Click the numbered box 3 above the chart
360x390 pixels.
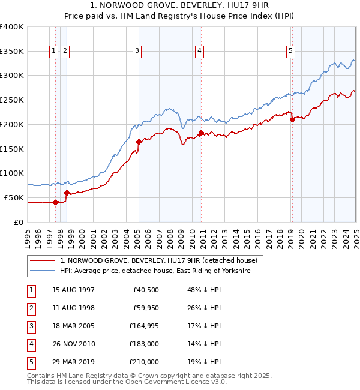[137, 52]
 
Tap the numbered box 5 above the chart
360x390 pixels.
[290, 52]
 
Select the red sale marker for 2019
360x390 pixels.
[292, 119]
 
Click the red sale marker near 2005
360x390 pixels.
[139, 142]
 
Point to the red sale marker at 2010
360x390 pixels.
[201, 133]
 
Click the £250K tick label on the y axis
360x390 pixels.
[12, 100]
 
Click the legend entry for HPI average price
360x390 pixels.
[161, 271]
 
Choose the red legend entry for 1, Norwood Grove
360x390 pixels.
[158, 260]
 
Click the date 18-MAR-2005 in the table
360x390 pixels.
[74, 326]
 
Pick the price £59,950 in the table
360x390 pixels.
[144, 308]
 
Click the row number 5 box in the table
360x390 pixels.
[31, 362]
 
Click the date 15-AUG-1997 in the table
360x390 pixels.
[74, 290]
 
